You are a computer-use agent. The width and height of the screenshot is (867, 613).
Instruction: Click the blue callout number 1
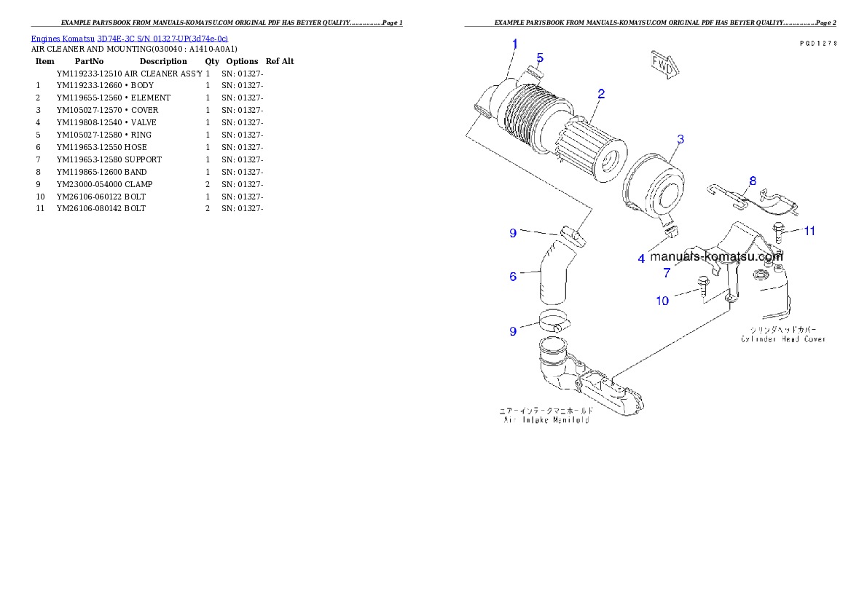click(514, 44)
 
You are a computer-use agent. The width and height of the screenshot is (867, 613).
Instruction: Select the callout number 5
click(540, 58)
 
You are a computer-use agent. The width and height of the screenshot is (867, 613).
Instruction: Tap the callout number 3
click(679, 139)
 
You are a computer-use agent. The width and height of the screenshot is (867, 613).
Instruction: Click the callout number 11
click(809, 232)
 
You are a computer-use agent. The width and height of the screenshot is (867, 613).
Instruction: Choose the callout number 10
click(662, 301)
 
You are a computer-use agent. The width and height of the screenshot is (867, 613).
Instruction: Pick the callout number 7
click(666, 273)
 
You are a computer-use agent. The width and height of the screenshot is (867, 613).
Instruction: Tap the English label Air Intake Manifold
click(546, 420)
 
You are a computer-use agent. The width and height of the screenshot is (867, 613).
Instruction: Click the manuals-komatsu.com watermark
click(716, 256)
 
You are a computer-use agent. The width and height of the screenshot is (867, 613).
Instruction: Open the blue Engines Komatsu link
click(129, 38)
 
